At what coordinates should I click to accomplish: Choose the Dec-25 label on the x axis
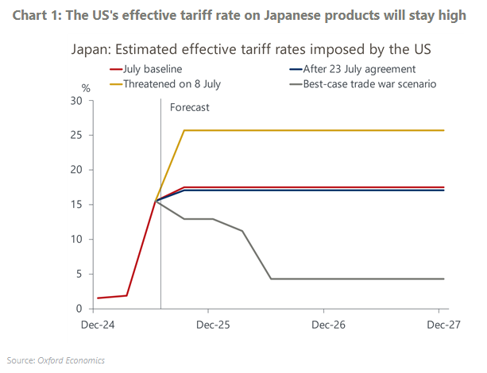click(x=212, y=325)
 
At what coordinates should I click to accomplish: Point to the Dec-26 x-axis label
click(x=328, y=325)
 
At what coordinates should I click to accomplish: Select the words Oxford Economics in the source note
click(x=72, y=360)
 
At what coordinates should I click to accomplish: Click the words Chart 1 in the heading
click(x=37, y=16)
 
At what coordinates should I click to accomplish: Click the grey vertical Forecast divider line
click(x=160, y=238)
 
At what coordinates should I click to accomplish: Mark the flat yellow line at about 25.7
click(x=318, y=130)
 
